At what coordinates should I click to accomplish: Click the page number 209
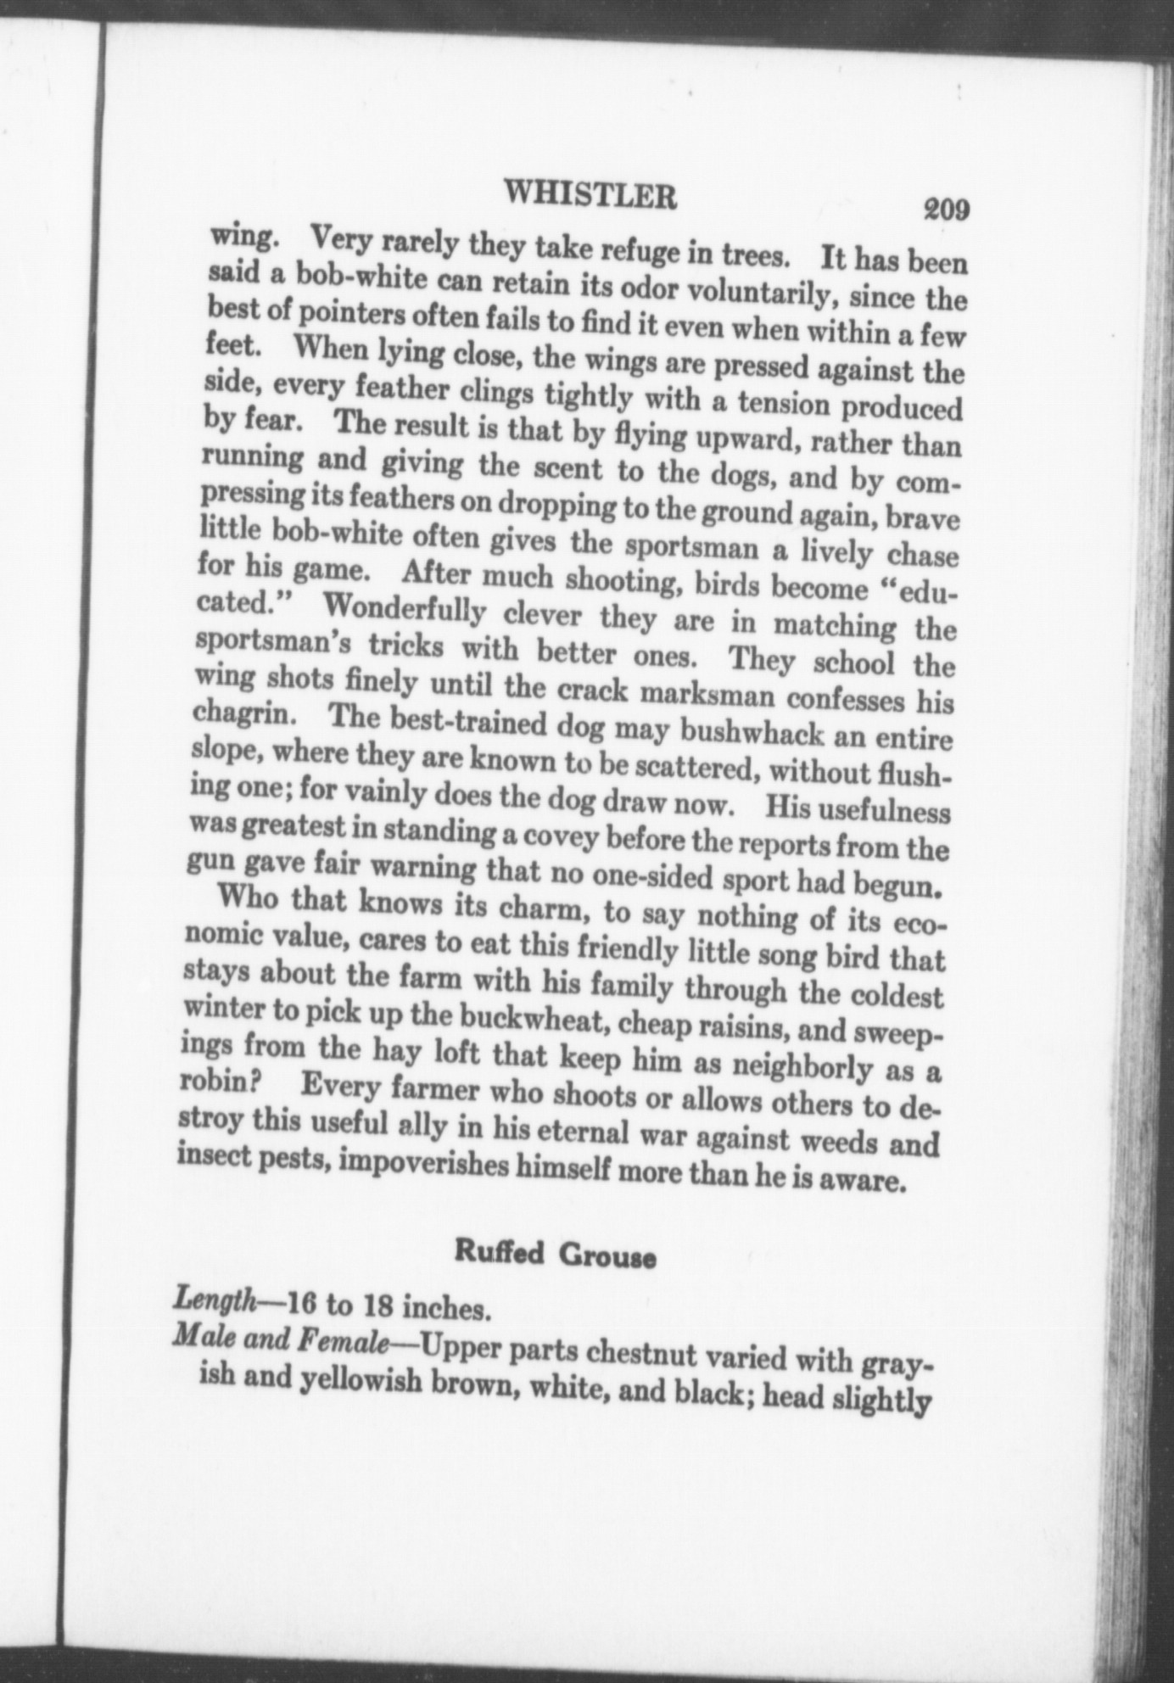pyautogui.click(x=947, y=209)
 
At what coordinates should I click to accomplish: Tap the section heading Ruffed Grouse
pyautogui.click(x=555, y=1252)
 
